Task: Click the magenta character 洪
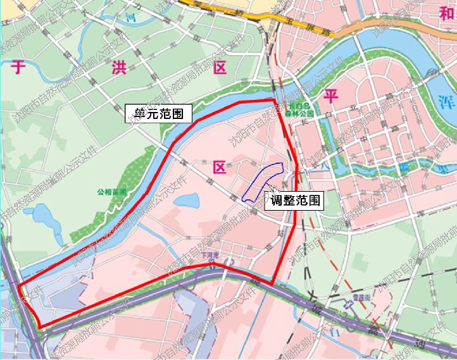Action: click(118, 68)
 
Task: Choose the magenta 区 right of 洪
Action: click(220, 68)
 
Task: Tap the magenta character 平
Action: click(330, 96)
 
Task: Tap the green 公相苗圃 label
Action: click(112, 190)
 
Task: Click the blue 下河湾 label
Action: click(210, 256)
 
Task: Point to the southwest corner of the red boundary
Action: click(41, 326)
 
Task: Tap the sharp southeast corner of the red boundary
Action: click(273, 283)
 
